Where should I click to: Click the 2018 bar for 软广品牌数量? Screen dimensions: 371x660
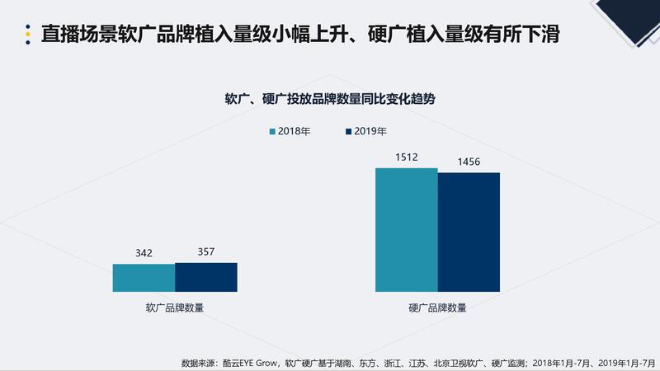(144, 278)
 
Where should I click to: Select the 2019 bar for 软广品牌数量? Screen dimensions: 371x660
(206, 277)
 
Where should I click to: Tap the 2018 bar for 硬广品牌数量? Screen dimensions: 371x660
(406, 230)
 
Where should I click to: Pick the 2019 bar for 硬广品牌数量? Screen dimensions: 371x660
(469, 232)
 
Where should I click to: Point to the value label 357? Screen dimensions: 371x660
(206, 251)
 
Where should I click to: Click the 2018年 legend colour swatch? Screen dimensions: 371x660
(272, 131)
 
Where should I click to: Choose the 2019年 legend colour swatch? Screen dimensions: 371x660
(349, 131)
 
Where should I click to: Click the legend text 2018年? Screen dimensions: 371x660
(294, 131)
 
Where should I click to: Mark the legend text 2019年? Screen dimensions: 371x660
(370, 131)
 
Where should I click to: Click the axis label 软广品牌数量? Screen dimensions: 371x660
(175, 308)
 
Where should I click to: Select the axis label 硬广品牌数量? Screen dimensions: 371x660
(437, 308)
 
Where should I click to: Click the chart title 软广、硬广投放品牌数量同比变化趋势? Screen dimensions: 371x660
(330, 98)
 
